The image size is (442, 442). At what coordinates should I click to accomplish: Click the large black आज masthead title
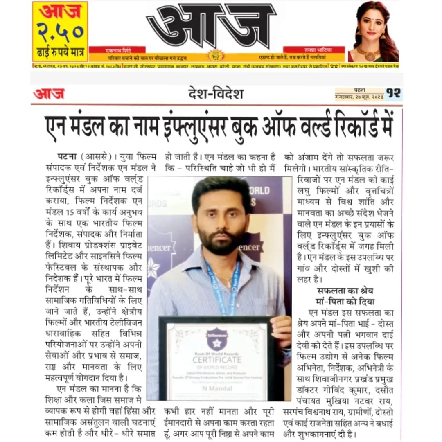pos(211,26)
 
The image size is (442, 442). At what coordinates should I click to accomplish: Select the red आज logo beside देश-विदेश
pos(49,94)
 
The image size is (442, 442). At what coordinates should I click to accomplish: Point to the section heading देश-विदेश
pos(216,94)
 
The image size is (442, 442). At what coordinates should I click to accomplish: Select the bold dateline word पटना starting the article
pos(66,156)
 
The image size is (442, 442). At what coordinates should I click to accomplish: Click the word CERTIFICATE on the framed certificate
pos(217,360)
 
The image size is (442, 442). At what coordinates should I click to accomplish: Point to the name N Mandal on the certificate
pos(217,388)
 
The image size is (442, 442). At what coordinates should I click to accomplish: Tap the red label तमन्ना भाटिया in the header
pos(313,50)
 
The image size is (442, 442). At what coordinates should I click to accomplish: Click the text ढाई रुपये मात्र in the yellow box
pos(60,54)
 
